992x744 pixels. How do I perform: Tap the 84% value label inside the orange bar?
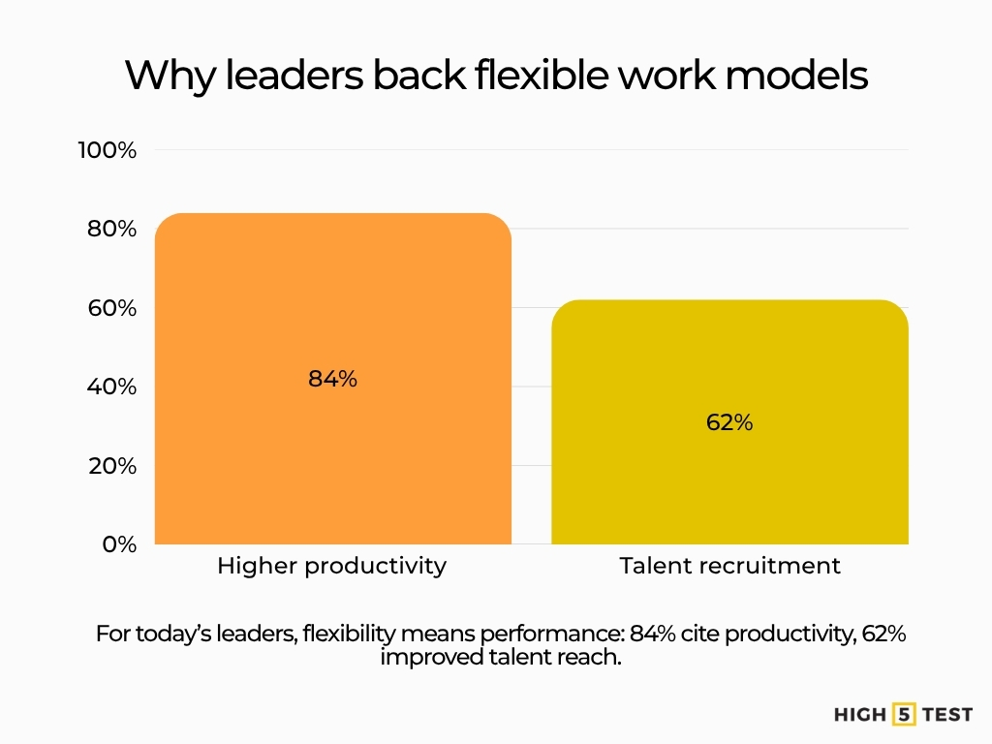pyautogui.click(x=332, y=380)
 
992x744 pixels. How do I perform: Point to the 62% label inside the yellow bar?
pyautogui.click(x=729, y=422)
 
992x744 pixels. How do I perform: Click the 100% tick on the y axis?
pyautogui.click(x=108, y=150)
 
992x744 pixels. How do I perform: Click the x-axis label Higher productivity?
pyautogui.click(x=332, y=566)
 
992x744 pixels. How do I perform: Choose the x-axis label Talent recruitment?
pyautogui.click(x=729, y=566)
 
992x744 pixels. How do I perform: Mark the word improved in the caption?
pyautogui.click(x=424, y=659)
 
